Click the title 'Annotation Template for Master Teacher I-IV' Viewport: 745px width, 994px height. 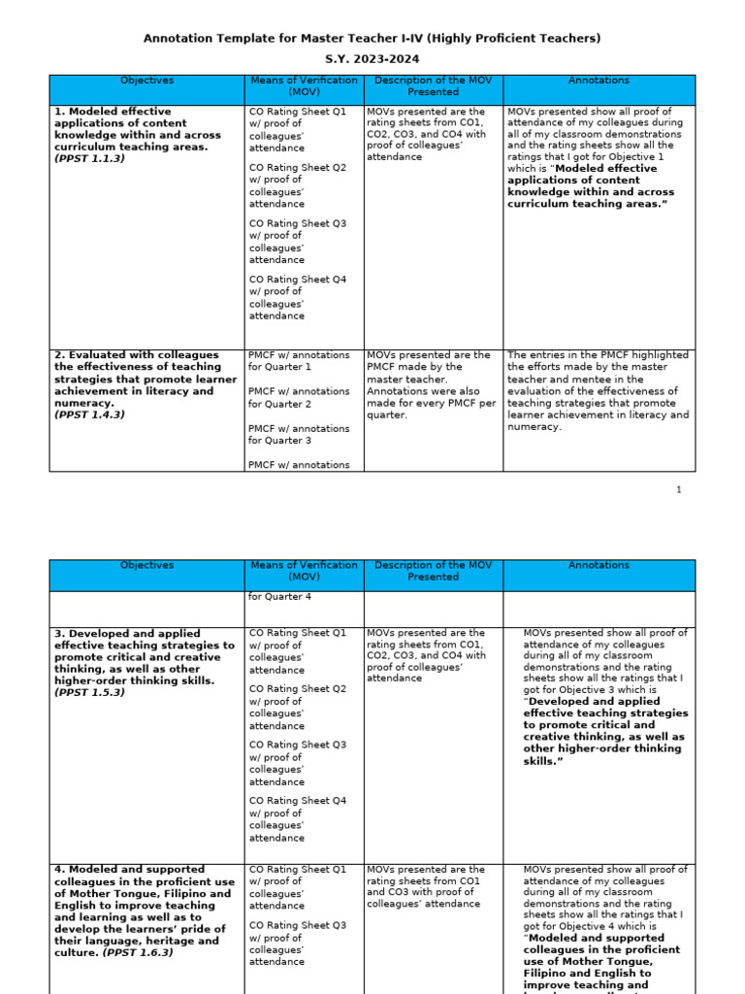pyautogui.click(x=372, y=38)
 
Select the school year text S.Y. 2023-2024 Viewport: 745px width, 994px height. pyautogui.click(x=372, y=59)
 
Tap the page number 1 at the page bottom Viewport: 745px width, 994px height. pyautogui.click(x=680, y=489)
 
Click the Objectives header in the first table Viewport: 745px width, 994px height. pyautogui.click(x=146, y=81)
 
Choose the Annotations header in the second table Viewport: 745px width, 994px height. pyautogui.click(x=599, y=565)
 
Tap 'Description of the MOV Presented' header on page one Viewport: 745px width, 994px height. pyautogui.click(x=433, y=86)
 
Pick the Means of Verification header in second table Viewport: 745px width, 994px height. pyautogui.click(x=304, y=571)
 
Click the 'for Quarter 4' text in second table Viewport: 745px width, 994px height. pyautogui.click(x=280, y=596)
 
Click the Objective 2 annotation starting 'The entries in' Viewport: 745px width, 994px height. pyautogui.click(x=599, y=390)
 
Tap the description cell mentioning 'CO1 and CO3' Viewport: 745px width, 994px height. pyautogui.click(x=426, y=887)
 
